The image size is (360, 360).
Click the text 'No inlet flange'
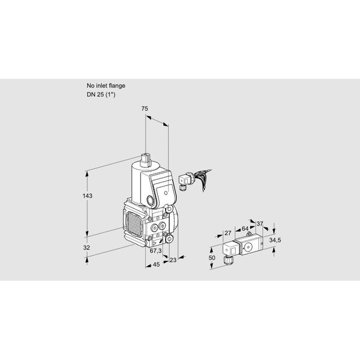pyautogui.click(x=106, y=86)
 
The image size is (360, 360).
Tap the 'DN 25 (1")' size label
pyautogui.click(x=101, y=94)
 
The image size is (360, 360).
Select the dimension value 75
pyautogui.click(x=145, y=109)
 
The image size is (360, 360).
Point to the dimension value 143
pyautogui.click(x=87, y=196)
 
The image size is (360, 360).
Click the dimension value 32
pyautogui.click(x=86, y=247)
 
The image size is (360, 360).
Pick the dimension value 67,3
pyautogui.click(x=155, y=251)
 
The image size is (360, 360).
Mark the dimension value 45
pyautogui.click(x=156, y=265)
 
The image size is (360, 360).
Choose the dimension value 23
pyautogui.click(x=173, y=260)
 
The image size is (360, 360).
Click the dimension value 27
pyautogui.click(x=228, y=233)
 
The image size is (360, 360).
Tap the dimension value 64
pyautogui.click(x=245, y=229)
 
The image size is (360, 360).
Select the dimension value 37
pyautogui.click(x=260, y=223)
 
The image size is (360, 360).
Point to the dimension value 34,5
pyautogui.click(x=275, y=240)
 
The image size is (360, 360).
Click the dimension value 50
pyautogui.click(x=212, y=257)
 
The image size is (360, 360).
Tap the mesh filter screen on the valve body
pyautogui.click(x=134, y=224)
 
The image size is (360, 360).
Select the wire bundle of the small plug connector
pyautogui.click(x=202, y=178)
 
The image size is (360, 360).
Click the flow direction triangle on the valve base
pyautogui.click(x=155, y=243)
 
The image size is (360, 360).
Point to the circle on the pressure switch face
pyautogui.click(x=248, y=247)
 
